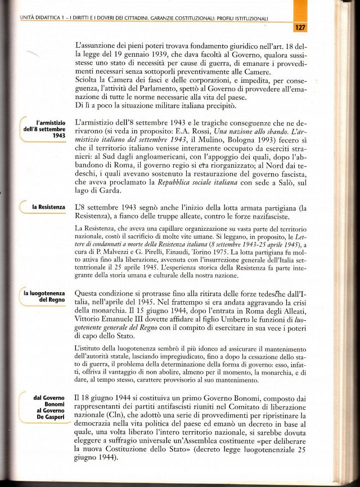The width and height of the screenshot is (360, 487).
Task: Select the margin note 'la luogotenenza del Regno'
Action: pyautogui.click(x=44, y=297)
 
